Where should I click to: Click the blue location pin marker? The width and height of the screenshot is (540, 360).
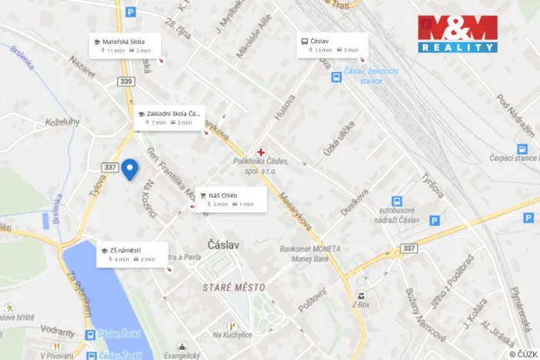coord(130,168)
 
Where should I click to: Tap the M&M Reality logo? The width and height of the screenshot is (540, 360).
coord(457,34)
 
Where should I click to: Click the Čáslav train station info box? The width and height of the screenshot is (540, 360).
coord(332,45)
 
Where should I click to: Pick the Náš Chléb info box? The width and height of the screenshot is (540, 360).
coord(230,199)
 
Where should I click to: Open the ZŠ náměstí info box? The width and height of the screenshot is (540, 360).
coord(130,254)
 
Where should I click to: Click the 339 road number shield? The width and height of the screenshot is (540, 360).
coord(126,82)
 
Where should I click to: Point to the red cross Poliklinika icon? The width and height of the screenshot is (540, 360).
coord(261,152)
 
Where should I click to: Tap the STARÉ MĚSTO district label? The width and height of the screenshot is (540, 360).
coord(234,287)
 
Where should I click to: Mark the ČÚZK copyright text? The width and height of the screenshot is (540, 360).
coord(522,354)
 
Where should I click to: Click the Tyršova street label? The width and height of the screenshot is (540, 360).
coord(431,186)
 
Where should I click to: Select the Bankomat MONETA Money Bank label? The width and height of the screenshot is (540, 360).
coord(310,253)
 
